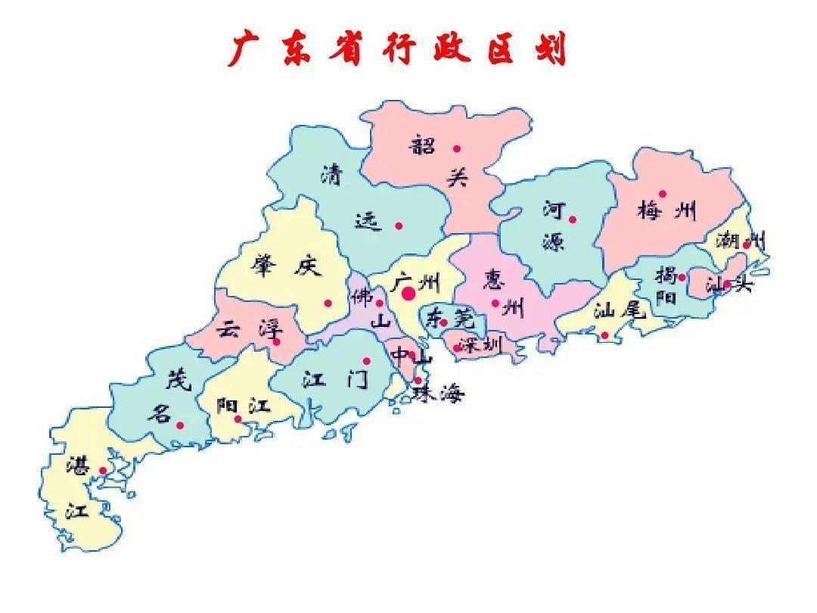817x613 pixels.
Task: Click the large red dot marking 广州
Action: (408, 293)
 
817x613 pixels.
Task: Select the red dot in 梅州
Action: (663, 194)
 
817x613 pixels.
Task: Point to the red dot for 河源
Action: (573, 219)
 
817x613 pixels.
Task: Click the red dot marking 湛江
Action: (103, 471)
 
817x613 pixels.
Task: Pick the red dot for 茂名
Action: (180, 425)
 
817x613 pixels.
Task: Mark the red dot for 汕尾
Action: (604, 335)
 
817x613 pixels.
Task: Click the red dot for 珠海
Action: (418, 381)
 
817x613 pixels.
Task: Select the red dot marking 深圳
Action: (457, 348)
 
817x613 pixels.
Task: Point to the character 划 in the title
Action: (548, 49)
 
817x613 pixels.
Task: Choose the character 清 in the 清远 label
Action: (331, 175)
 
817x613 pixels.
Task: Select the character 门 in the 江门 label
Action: (357, 379)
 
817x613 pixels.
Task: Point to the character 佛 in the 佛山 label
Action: (360, 296)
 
